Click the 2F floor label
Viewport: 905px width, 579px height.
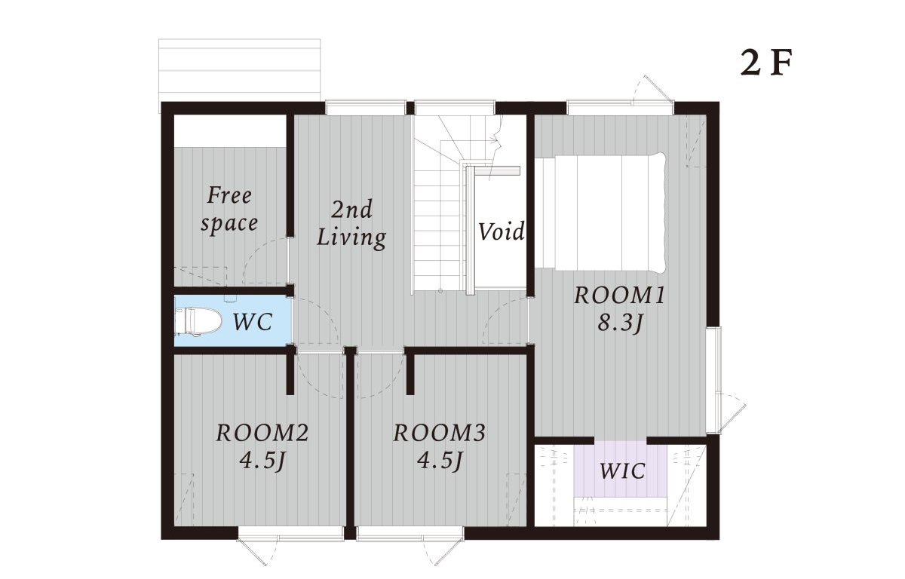pyautogui.click(x=765, y=63)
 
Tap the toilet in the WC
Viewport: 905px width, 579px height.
pyautogui.click(x=198, y=321)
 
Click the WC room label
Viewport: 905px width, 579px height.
pyautogui.click(x=253, y=322)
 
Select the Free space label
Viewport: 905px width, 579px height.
pyautogui.click(x=229, y=210)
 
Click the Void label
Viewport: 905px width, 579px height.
pyautogui.click(x=502, y=231)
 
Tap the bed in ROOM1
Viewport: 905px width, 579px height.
pyautogui.click(x=600, y=212)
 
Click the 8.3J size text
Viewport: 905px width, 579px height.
pyautogui.click(x=619, y=323)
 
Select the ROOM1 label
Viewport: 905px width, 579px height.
pyautogui.click(x=619, y=296)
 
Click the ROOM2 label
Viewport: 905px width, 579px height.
pyautogui.click(x=262, y=433)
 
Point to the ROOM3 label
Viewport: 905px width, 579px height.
pyautogui.click(x=439, y=433)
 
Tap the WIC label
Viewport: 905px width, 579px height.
pyautogui.click(x=622, y=470)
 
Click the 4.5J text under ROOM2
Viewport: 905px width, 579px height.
pyautogui.click(x=262, y=461)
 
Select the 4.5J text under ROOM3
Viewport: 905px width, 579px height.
pyautogui.click(x=439, y=461)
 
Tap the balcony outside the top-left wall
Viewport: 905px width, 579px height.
pyautogui.click(x=240, y=70)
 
